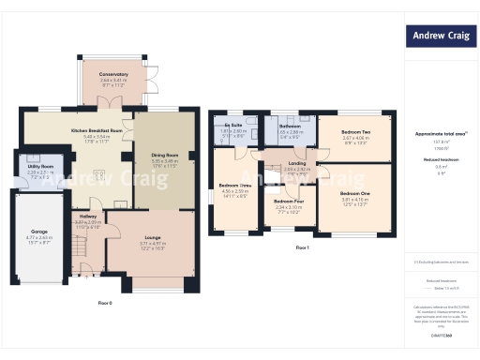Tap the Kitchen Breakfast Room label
click(97, 130)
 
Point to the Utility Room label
click(39, 166)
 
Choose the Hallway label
click(86, 217)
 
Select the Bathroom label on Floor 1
click(289, 125)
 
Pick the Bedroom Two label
click(355, 132)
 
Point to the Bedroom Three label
click(234, 186)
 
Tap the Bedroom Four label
click(288, 201)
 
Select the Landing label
click(297, 163)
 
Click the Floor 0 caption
click(105, 303)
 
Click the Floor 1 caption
click(302, 247)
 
